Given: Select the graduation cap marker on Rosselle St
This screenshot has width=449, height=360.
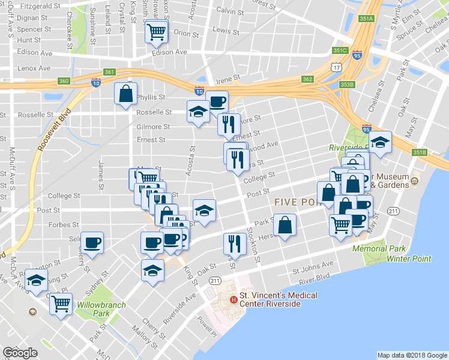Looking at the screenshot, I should point(198,112).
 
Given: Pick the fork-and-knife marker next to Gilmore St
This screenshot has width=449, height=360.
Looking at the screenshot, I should point(229,124).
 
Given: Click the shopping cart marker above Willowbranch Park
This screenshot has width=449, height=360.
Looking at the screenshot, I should point(61,304).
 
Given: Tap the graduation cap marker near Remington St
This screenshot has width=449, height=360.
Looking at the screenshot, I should point(37,281).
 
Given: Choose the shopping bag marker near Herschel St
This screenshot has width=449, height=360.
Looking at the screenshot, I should point(285,226).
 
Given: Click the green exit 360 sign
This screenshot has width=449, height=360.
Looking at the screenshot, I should point(64,81).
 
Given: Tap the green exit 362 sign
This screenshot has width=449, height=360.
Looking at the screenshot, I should point(307,79).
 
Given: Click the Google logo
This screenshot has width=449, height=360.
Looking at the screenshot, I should point(20,353).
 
